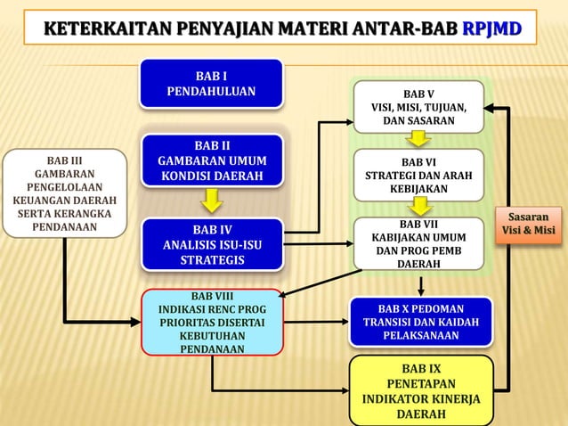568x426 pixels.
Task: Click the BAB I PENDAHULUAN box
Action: click(210, 82)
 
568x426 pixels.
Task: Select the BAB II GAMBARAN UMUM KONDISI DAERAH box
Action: click(210, 160)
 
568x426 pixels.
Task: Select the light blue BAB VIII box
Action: click(212, 321)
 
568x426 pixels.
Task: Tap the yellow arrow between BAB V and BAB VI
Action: click(418, 140)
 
